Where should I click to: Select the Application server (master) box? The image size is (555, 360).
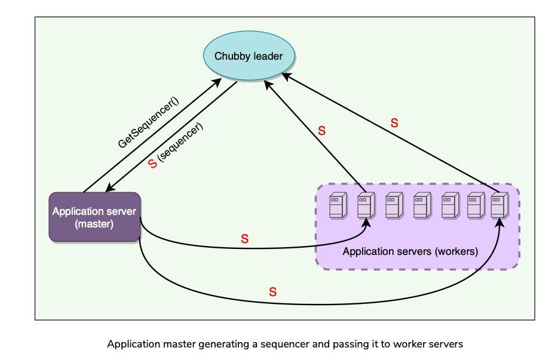(94, 217)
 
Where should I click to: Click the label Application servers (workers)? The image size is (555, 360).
(410, 251)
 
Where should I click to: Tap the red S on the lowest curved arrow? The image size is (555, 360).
(272, 292)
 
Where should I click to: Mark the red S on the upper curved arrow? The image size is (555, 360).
(244, 239)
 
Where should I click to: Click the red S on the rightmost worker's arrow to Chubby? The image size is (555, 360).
(394, 124)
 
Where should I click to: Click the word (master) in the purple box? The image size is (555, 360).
(94, 224)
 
